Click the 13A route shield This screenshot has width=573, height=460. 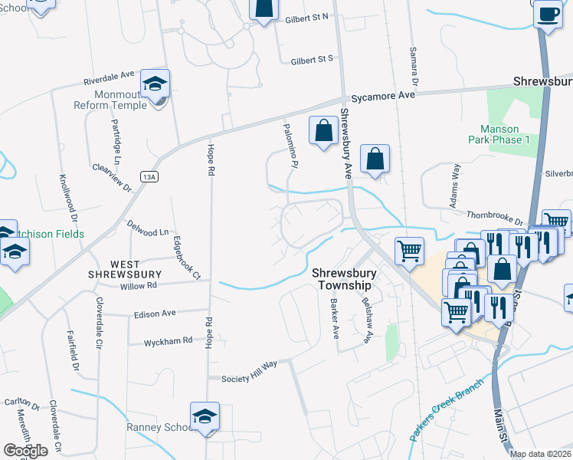click(x=149, y=177)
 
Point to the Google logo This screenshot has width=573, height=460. click(x=25, y=450)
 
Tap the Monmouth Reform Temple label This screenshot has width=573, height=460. click(x=110, y=99)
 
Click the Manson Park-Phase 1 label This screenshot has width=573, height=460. click(x=499, y=134)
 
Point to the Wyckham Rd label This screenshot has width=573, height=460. click(x=168, y=341)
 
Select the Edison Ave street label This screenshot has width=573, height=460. click(x=155, y=313)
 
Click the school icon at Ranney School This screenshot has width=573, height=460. click(x=205, y=416)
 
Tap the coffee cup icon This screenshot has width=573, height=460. click(x=548, y=15)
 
